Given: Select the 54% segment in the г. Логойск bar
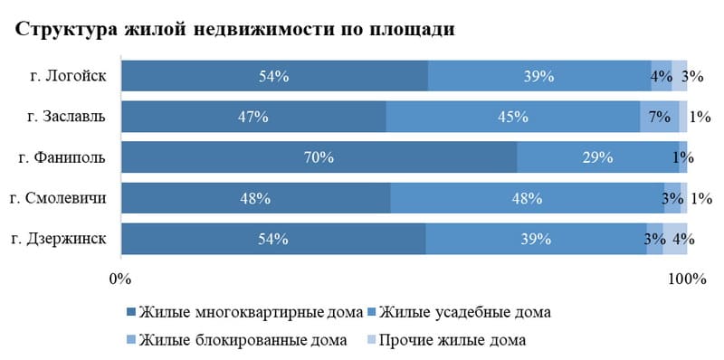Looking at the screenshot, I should coord(273,77).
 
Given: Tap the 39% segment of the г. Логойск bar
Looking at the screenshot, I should coord(538,77).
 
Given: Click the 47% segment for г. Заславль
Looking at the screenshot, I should coord(253,117).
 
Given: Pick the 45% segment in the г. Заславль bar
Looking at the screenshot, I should coord(513,117).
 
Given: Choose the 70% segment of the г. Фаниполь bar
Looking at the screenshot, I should coord(319,157).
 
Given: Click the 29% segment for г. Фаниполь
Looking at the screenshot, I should coord(597,157).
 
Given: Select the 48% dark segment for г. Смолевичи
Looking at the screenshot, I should coord(256,198).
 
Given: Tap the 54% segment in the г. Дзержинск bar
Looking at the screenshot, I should coord(273,239).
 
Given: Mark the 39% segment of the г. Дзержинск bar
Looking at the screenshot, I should coord(536,239).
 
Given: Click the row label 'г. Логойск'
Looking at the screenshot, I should coord(68,76).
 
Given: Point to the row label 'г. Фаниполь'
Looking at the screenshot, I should coord(62,157).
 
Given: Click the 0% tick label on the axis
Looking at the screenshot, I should coord(119,278).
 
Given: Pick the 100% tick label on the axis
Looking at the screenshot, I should coord(687,278).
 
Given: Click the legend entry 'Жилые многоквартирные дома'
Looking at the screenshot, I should coord(244,313).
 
